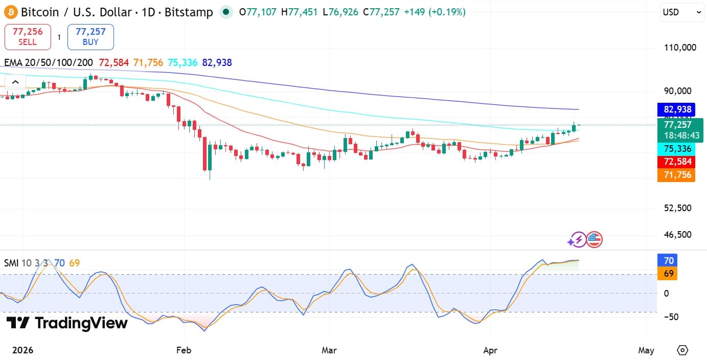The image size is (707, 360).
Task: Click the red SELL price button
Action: tap(28, 37)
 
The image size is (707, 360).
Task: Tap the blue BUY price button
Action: tap(90, 37)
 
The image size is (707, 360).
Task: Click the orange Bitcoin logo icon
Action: tap(11, 12)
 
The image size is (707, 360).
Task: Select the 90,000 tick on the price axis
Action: tap(678, 91)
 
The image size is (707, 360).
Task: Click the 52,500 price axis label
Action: tap(678, 208)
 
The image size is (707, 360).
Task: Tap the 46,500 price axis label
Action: tap(678, 235)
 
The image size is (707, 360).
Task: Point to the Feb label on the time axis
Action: tap(183, 350)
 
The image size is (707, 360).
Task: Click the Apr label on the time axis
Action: tap(490, 350)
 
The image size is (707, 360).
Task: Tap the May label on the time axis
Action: tap(646, 350)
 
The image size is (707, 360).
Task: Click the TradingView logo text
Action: tap(67, 323)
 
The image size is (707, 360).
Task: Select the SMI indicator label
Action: tap(11, 263)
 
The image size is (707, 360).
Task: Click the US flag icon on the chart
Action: tap(595, 239)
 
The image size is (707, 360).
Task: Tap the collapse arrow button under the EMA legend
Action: tap(15, 82)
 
